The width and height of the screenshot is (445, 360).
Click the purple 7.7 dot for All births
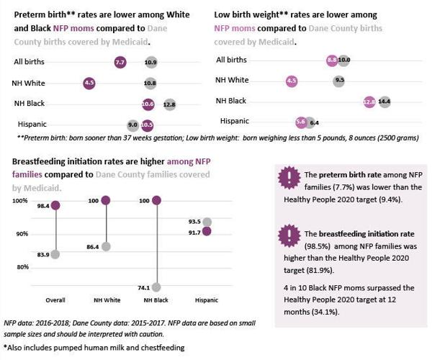pyautogui.click(x=120, y=63)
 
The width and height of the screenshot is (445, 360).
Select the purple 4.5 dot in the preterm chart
pyautogui.click(x=89, y=84)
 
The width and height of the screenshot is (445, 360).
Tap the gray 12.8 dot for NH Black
pyautogui.click(x=170, y=104)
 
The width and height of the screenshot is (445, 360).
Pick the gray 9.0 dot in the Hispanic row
pyautogui.click(x=132, y=125)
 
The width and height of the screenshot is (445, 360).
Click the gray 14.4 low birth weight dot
pyautogui.click(x=385, y=102)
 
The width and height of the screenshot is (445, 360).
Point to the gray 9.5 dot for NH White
pyautogui.click(x=339, y=81)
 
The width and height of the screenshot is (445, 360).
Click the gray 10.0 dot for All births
pyautogui.click(x=344, y=60)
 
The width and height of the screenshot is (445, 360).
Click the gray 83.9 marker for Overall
pyautogui.click(x=55, y=254)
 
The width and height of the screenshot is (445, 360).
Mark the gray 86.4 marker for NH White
pyautogui.click(x=106, y=246)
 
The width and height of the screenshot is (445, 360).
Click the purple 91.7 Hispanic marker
pyautogui.click(x=207, y=231)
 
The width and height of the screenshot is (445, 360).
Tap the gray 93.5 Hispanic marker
pyautogui.click(x=207, y=222)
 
